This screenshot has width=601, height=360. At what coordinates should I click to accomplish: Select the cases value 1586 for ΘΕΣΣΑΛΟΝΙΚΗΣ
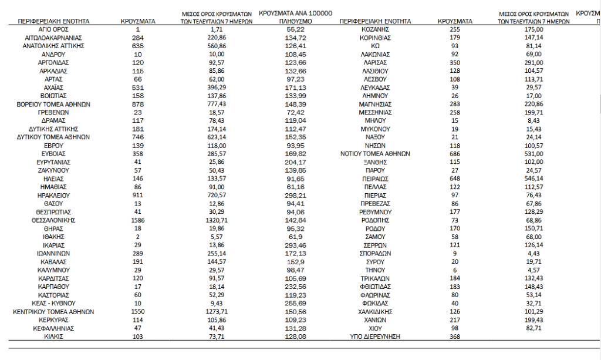(x=137, y=217)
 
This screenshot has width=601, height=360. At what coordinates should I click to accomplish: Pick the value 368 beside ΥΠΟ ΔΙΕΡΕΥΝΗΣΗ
(x=455, y=337)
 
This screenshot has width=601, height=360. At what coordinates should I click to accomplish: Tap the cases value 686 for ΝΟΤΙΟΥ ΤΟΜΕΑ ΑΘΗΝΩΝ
(x=455, y=154)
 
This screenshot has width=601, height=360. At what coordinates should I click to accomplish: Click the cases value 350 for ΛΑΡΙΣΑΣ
(x=455, y=62)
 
